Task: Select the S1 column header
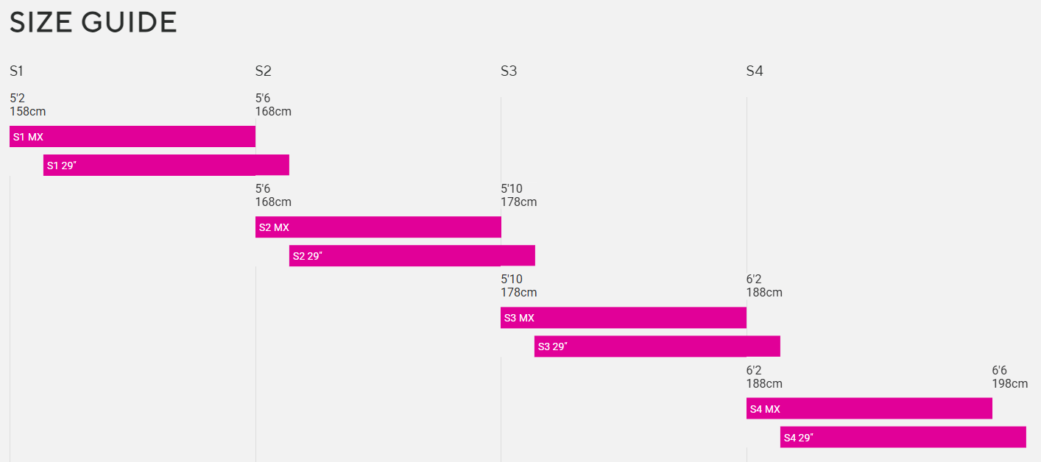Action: [x=17, y=71]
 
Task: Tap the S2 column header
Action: [x=263, y=71]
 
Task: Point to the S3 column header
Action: [x=509, y=71]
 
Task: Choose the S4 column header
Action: [x=755, y=71]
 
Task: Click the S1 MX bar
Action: [x=133, y=137]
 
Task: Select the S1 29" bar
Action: [x=166, y=166]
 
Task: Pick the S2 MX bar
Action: [x=378, y=227]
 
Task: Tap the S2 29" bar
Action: [x=412, y=256]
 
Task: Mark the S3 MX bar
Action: [x=624, y=318]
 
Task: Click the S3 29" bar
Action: [x=657, y=346]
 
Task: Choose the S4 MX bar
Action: [x=869, y=409]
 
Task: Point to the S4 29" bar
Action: [x=903, y=438]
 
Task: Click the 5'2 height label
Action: [x=17, y=99]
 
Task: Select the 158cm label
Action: [x=27, y=112]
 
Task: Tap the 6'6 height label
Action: [x=999, y=371]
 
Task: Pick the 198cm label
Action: [x=1009, y=384]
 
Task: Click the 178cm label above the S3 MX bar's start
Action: [x=518, y=293]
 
